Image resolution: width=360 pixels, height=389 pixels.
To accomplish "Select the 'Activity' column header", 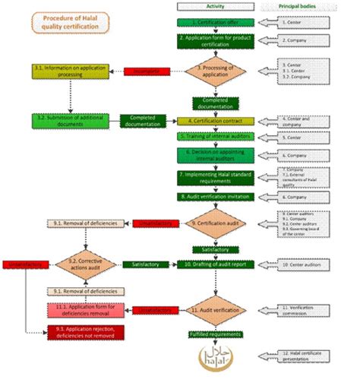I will tap(216, 6).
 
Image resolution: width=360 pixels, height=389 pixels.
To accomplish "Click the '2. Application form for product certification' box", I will tap(216, 40).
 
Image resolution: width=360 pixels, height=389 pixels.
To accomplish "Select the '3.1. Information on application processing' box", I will tap(68, 71).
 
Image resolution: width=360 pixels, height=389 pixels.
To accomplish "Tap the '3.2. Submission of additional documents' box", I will tap(68, 120).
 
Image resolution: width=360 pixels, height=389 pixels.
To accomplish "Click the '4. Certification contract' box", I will tap(216, 120).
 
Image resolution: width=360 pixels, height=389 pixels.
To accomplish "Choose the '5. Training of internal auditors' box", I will tap(216, 137).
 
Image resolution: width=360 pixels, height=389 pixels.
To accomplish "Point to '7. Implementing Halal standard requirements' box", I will tap(216, 177).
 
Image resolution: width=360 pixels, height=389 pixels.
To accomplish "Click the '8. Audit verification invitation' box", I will tap(216, 197).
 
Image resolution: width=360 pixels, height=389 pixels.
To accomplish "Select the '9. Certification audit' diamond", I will tap(216, 224).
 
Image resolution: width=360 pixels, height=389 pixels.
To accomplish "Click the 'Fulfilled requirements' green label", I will tap(216, 334).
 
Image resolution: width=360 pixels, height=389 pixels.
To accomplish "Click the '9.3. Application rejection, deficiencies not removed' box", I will tap(85, 331).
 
